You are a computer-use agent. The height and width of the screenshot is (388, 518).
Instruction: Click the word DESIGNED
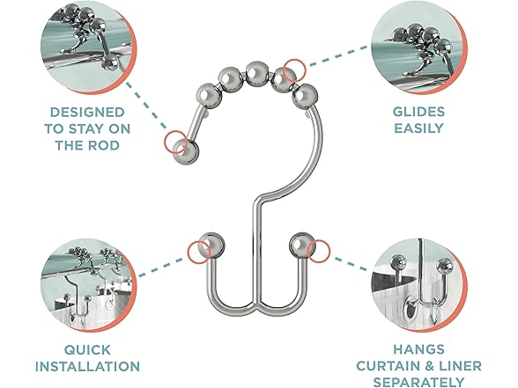point(87,113)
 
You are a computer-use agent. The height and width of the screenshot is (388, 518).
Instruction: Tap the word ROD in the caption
point(103,145)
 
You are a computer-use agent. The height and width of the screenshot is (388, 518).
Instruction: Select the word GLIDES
point(419,112)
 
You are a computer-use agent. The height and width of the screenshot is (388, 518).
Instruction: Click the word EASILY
point(419,128)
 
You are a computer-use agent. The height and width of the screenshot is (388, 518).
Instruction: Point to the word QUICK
point(87,350)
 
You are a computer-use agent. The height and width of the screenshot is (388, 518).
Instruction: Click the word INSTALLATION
point(87,367)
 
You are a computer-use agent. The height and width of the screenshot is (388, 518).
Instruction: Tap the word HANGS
point(419,349)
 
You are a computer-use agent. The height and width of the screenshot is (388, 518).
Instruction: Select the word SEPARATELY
point(419,382)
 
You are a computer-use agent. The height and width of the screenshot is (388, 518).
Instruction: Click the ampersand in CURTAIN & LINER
point(429,366)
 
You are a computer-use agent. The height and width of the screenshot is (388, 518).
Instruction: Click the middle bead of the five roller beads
point(256,72)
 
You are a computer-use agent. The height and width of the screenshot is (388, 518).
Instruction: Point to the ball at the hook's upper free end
point(187,152)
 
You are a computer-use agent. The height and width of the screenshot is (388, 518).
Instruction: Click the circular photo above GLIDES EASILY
point(419,49)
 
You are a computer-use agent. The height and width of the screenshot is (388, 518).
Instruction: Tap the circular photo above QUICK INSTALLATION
point(88,285)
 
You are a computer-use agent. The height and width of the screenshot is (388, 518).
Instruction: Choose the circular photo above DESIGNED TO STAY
point(88,49)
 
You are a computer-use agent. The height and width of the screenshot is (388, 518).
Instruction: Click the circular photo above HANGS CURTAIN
point(419,285)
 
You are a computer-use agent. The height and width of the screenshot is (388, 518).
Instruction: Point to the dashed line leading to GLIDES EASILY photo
point(338,56)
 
